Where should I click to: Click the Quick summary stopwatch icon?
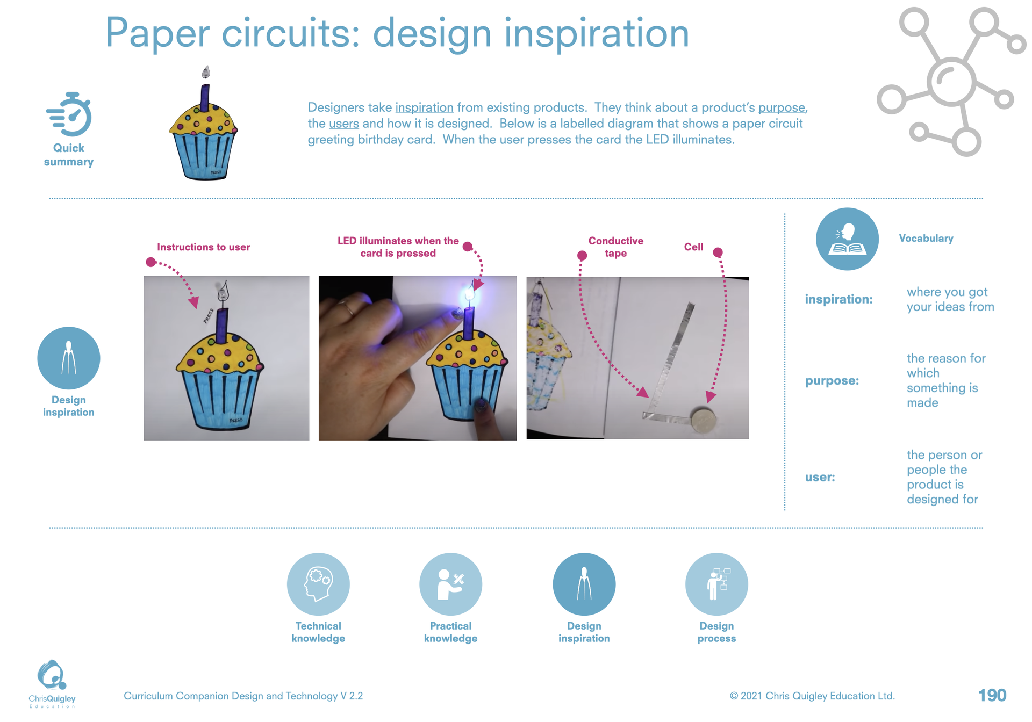[69, 114]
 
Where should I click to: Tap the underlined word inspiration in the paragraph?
[424, 107]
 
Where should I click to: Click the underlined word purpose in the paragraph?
[782, 108]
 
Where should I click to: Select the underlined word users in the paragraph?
[343, 124]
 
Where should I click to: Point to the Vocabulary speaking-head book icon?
[847, 239]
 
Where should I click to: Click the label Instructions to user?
[203, 247]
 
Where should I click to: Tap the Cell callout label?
[693, 247]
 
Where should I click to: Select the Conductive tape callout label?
[615, 247]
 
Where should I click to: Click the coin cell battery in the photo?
[703, 420]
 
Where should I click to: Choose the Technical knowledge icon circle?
[318, 584]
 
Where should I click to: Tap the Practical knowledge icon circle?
[450, 584]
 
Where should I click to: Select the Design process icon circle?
[716, 584]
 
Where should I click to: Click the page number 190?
[992, 696]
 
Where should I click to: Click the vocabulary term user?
[820, 477]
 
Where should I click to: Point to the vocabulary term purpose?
[832, 381]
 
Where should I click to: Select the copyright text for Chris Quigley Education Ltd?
[812, 696]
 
